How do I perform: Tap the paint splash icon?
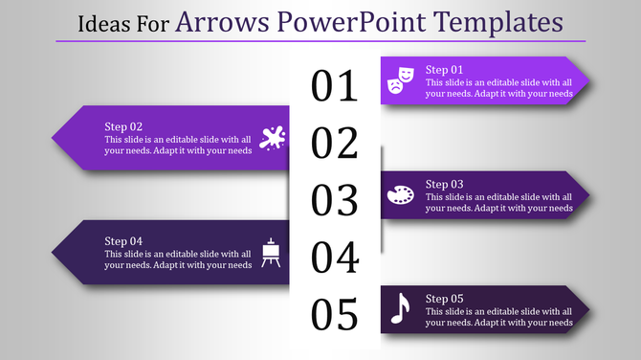(273, 138)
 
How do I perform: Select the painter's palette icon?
(400, 195)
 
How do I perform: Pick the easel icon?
(272, 252)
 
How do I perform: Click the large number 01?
(335, 87)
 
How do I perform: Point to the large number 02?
(335, 144)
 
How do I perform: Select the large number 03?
(335, 200)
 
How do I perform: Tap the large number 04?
(335, 258)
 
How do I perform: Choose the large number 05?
(335, 314)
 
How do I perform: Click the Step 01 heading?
(444, 70)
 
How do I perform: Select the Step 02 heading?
(123, 126)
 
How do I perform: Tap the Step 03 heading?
(444, 184)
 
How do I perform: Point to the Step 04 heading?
(123, 240)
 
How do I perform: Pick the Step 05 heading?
(444, 298)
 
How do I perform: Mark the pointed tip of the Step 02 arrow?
(52, 138)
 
